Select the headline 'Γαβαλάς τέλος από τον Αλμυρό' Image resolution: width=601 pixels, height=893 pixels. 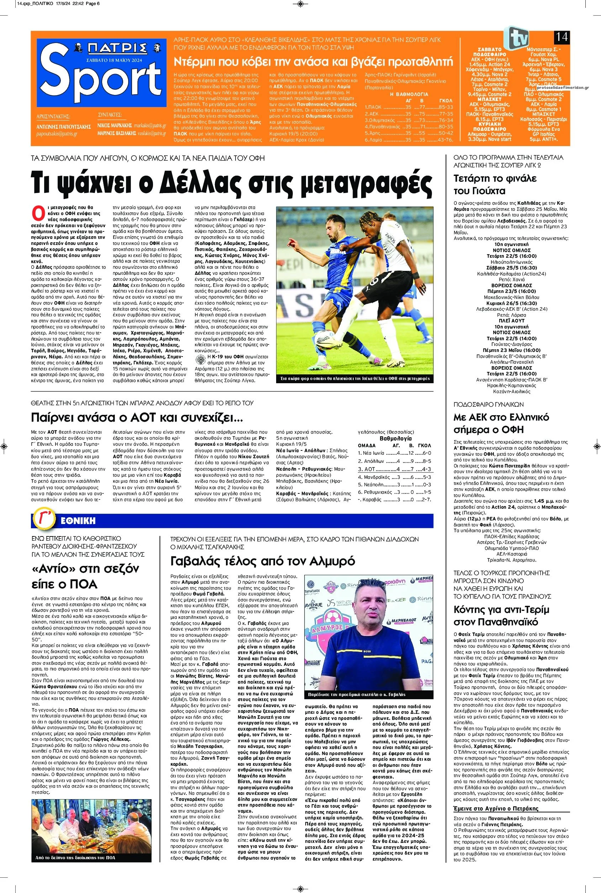coord(263,561)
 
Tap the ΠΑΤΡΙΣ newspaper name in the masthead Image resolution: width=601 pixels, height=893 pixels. coord(117,49)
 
